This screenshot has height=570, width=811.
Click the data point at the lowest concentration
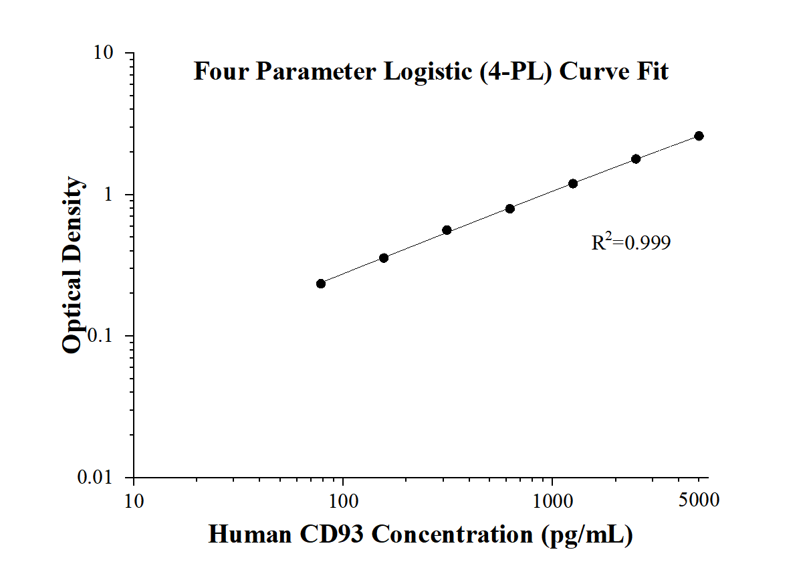(x=321, y=284)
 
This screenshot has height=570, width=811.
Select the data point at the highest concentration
(x=699, y=136)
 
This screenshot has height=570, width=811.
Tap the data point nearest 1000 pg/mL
(x=573, y=183)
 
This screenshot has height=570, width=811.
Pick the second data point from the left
(x=384, y=258)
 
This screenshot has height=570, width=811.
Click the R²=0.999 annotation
(x=630, y=242)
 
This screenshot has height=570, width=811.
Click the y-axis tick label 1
(x=122, y=195)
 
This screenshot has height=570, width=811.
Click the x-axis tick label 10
(x=134, y=500)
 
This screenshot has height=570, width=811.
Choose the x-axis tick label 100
(x=343, y=500)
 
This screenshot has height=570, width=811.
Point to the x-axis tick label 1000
(x=552, y=500)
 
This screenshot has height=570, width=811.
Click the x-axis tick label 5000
(x=699, y=500)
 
